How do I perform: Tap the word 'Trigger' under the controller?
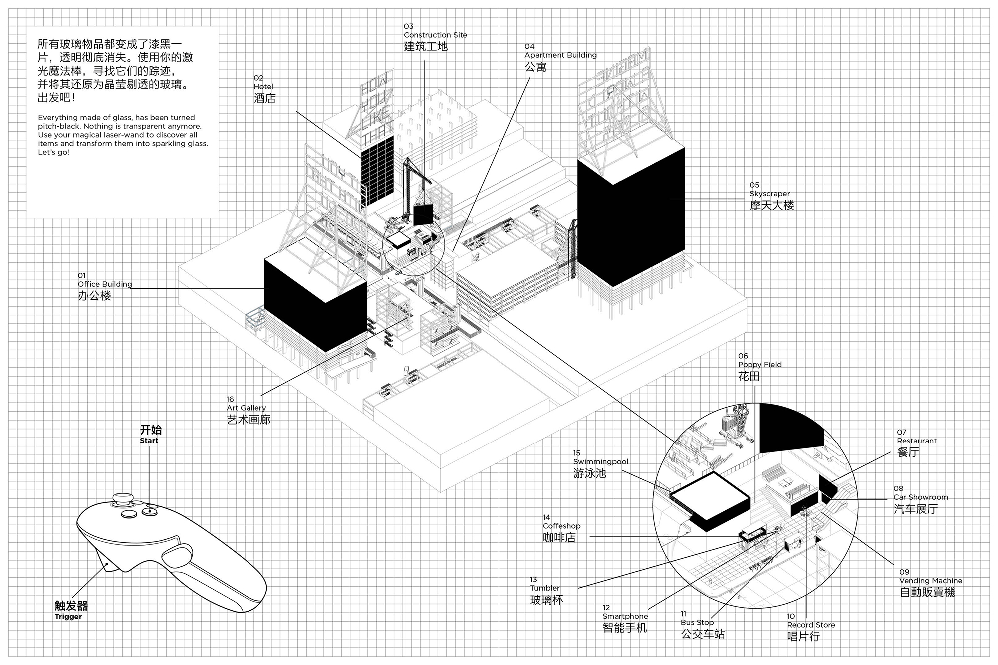[x=68, y=617]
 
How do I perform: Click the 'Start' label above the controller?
[x=149, y=441]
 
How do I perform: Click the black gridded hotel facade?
[x=377, y=170]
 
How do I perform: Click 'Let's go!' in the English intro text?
[x=54, y=152]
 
